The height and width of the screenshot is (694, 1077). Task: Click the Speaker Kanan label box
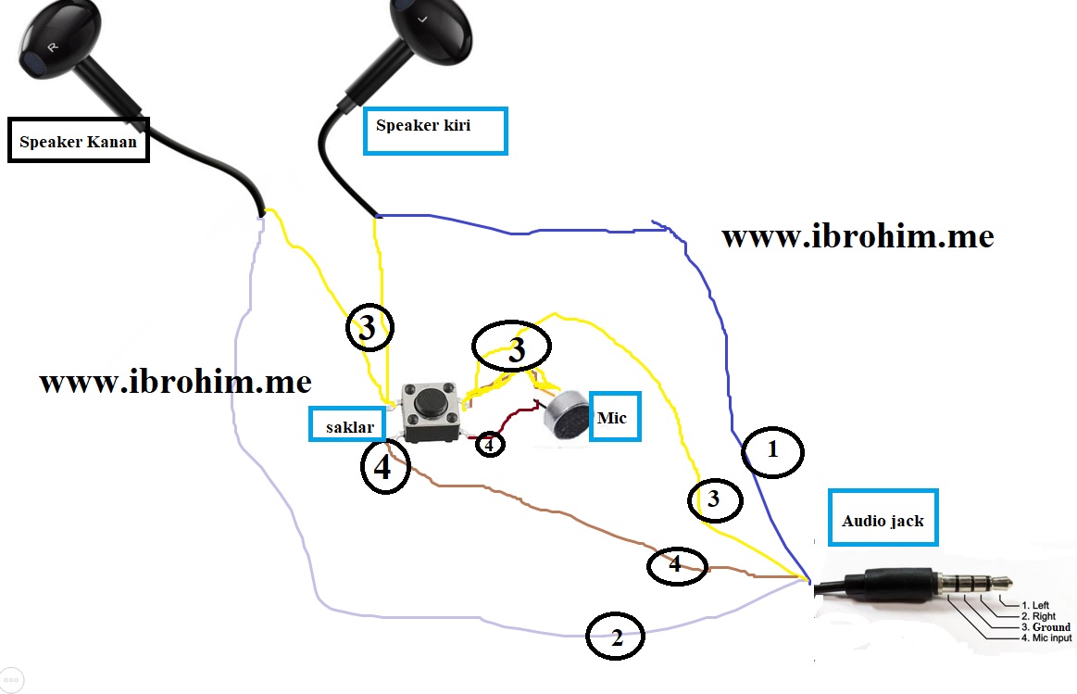pyautogui.click(x=78, y=141)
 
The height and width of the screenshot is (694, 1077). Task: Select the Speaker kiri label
pyautogui.click(x=435, y=131)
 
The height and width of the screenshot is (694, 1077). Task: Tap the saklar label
pyautogui.click(x=346, y=425)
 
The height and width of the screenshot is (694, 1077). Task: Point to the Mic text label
pyautogui.click(x=611, y=418)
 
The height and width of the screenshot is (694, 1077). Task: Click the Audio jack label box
pyautogui.click(x=883, y=520)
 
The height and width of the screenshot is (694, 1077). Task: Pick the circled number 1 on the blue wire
pyautogui.click(x=772, y=452)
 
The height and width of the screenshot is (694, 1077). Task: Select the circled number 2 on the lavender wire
pyautogui.click(x=616, y=637)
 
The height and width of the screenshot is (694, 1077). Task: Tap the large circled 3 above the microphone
pyautogui.click(x=511, y=348)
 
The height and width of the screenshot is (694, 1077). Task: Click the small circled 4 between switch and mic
pyautogui.click(x=491, y=444)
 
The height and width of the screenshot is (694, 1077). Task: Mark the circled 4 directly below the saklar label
pyautogui.click(x=384, y=468)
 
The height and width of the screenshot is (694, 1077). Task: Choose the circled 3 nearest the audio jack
pyautogui.click(x=714, y=499)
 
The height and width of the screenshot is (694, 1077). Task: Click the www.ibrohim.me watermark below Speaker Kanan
pyautogui.click(x=175, y=382)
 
